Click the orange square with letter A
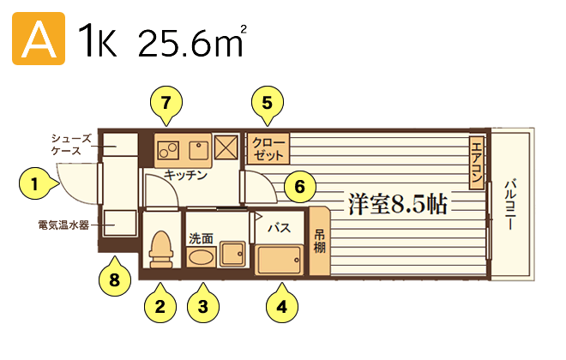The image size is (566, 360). (x=39, y=39)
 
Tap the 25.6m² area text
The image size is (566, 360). (x=192, y=40)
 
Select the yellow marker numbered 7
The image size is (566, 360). (x=166, y=105)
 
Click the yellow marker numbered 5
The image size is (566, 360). (x=267, y=105)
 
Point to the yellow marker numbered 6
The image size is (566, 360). (x=299, y=187)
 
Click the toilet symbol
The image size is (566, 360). (x=161, y=249)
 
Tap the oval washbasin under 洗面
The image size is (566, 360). (x=201, y=257)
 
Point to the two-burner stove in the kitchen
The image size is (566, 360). (x=168, y=150)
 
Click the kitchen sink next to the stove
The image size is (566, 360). (x=199, y=150)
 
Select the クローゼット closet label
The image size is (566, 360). (x=268, y=148)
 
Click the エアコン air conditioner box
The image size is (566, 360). (x=477, y=163)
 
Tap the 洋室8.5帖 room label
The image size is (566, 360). (x=398, y=204)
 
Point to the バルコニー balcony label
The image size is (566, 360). (x=510, y=205)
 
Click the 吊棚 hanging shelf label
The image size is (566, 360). (x=319, y=242)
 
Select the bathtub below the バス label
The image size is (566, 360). (x=279, y=260)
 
